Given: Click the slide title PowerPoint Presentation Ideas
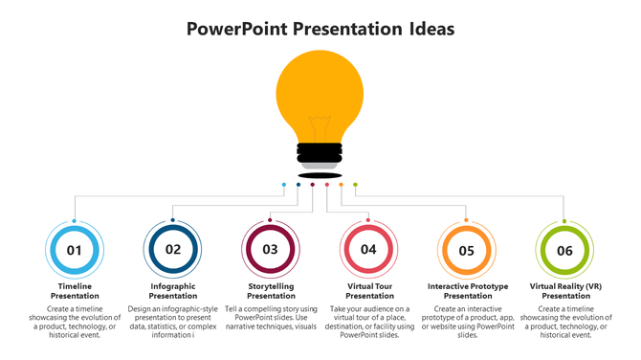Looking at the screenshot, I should (320, 29).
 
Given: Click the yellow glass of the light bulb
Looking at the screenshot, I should (320, 91).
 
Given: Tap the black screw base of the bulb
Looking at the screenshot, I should (320, 152).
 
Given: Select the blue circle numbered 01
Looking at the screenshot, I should (75, 250).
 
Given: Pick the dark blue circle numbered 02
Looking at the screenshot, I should (173, 250).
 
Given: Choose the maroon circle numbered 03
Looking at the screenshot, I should (271, 250).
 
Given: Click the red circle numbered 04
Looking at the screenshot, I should (369, 250).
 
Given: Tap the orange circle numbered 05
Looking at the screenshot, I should (467, 250).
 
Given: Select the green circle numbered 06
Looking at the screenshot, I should (565, 250).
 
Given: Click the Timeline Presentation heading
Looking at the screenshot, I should (75, 291).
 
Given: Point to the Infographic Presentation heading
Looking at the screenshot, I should (173, 291).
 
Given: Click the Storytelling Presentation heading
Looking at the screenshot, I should (271, 291).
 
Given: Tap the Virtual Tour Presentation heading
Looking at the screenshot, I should (369, 291).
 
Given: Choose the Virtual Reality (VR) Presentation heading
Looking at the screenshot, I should (565, 291).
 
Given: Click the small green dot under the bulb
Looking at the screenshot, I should (355, 185).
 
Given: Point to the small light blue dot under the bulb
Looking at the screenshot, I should (284, 185).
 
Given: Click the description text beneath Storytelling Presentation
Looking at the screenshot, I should (271, 318).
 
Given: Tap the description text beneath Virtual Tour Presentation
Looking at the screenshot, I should (369, 323).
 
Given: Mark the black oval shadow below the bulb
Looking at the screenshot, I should (320, 175).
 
